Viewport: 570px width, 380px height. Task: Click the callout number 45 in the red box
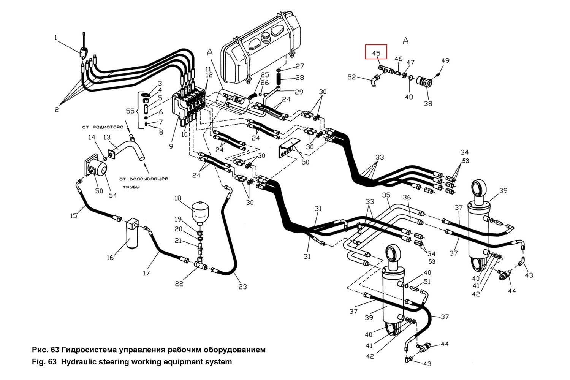pos(376,54)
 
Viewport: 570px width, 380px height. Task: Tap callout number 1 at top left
pos(56,38)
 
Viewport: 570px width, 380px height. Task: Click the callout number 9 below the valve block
pos(171,146)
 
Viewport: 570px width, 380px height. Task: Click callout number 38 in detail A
pos(428,103)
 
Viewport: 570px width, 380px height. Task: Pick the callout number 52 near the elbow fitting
pos(352,78)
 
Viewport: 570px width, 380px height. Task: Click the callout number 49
pos(445,60)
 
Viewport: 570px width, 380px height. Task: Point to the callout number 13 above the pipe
pos(107,137)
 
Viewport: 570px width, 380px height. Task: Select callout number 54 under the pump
pos(113,195)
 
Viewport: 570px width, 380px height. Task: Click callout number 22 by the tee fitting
pos(179,283)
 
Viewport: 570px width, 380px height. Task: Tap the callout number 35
pos(386,195)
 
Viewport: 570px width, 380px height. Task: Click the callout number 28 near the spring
pos(300,78)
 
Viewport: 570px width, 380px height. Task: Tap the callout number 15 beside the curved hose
pos(74,215)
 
